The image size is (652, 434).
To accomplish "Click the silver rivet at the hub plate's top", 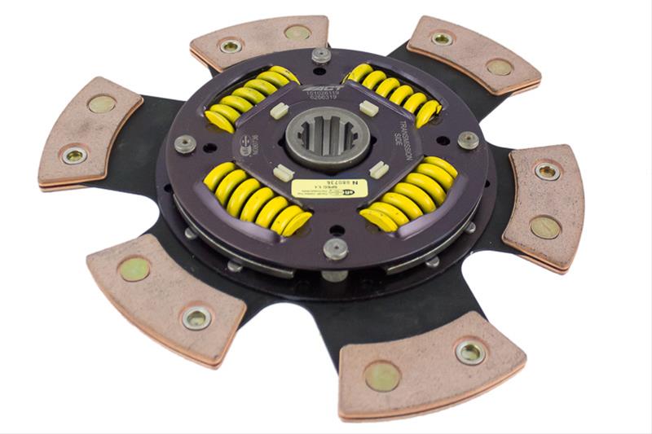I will (x=322, y=55).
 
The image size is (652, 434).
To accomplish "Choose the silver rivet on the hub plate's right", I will (x=468, y=139).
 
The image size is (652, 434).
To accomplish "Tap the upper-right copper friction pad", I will (x=473, y=53).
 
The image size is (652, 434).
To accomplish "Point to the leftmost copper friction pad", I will (x=89, y=130).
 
